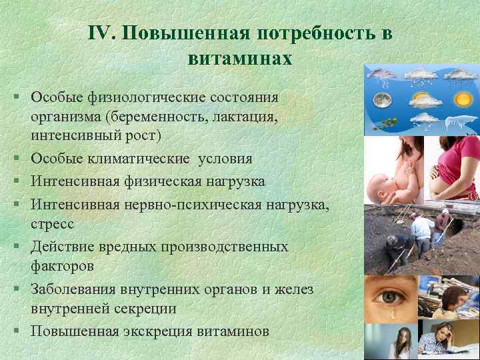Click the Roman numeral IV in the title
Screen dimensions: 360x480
[x=101, y=34]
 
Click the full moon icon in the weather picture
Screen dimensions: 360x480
[x=383, y=100]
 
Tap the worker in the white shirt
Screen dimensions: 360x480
[x=419, y=230]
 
